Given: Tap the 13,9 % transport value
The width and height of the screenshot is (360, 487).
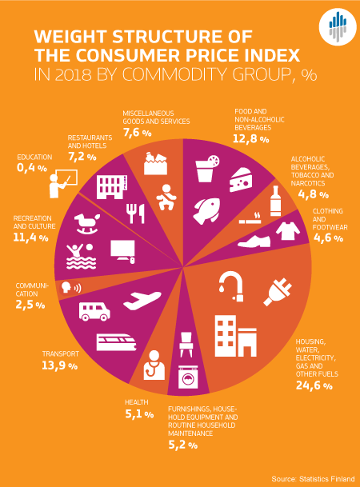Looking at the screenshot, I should pyautogui.click(x=58, y=365).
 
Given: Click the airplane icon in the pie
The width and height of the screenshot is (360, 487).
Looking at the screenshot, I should pyautogui.click(x=150, y=301).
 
